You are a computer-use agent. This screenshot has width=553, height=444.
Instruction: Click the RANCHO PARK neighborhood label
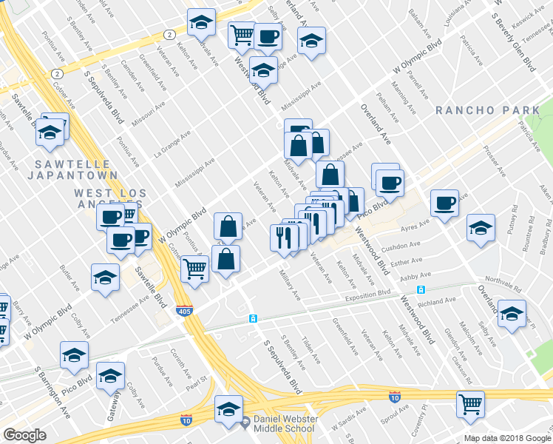click(x=488, y=110)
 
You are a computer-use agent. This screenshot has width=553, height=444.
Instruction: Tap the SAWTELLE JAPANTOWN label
click(x=72, y=169)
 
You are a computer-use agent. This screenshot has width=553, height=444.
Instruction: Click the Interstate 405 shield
click(x=185, y=312)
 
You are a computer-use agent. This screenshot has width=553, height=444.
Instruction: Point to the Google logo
click(x=24, y=435)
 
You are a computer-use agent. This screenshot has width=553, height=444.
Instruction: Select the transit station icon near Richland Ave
click(x=421, y=290)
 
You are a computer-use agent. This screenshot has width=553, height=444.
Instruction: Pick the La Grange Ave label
click(x=172, y=144)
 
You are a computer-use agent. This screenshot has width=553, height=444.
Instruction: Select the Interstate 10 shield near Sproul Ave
click(x=395, y=397)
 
